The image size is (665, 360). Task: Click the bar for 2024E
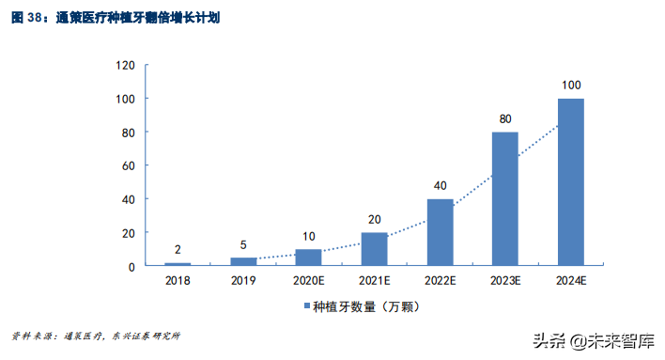[571, 181]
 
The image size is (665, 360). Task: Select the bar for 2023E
[505, 198]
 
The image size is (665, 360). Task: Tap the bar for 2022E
[441, 231]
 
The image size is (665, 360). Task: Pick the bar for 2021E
[375, 248]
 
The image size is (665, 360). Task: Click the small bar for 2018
[178, 263]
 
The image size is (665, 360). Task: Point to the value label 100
[571, 86]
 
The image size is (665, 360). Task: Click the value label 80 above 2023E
[505, 119]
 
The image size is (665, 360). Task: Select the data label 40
[441, 186]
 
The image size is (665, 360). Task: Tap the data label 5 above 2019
[243, 245]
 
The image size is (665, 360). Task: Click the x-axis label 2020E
[309, 280]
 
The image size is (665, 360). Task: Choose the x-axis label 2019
[243, 280]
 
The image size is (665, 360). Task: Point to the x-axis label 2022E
[441, 280]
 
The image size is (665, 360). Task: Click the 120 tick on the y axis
[126, 66]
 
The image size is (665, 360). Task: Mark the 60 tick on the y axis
[130, 165]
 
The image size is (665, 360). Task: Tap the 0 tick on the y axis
[132, 266]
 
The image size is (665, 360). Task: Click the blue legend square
[306, 306]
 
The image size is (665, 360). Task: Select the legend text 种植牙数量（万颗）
[363, 306]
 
